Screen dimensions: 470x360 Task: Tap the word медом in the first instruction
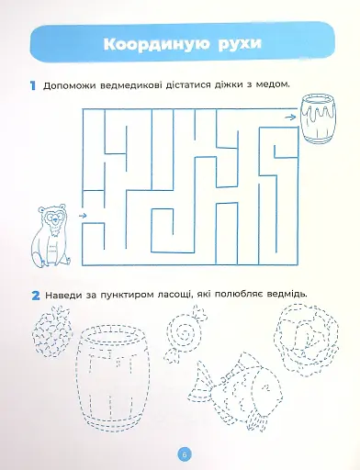[x=273, y=85]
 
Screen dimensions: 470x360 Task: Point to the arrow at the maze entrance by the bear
[x=84, y=215]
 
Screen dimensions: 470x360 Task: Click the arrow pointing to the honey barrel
[x=290, y=116]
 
